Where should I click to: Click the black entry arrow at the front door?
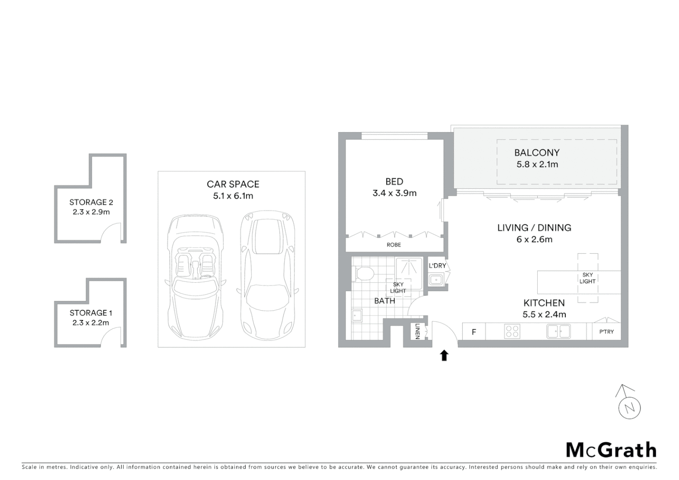(x=444, y=355)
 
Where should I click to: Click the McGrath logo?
(x=611, y=450)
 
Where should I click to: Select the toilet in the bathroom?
(x=363, y=273)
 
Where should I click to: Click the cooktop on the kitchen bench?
(x=512, y=332)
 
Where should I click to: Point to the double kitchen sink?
(x=559, y=332)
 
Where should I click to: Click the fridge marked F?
(x=474, y=332)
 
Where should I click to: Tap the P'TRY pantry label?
(x=607, y=332)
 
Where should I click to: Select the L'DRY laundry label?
(x=437, y=266)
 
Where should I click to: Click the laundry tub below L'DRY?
(x=435, y=280)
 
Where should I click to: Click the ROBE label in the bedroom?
(x=394, y=245)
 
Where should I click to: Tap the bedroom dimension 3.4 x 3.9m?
(x=395, y=193)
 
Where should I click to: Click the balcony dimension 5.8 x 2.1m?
(x=537, y=164)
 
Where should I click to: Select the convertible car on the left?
(x=195, y=276)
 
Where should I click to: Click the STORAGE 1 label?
(x=91, y=313)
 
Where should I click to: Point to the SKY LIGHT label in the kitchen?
(x=587, y=278)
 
